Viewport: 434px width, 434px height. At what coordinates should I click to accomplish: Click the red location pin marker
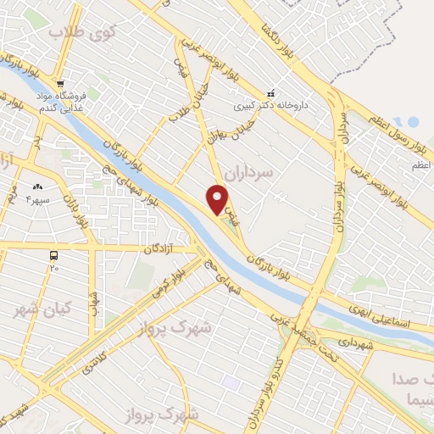tap(218, 201)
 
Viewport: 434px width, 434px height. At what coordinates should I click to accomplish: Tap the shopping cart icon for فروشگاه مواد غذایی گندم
tap(59, 84)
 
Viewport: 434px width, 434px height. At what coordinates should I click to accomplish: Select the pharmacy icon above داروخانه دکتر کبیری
tap(270, 93)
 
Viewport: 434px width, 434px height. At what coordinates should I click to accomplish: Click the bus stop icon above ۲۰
tap(54, 254)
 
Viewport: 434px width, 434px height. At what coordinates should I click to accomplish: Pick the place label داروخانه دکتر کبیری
tap(270, 108)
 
